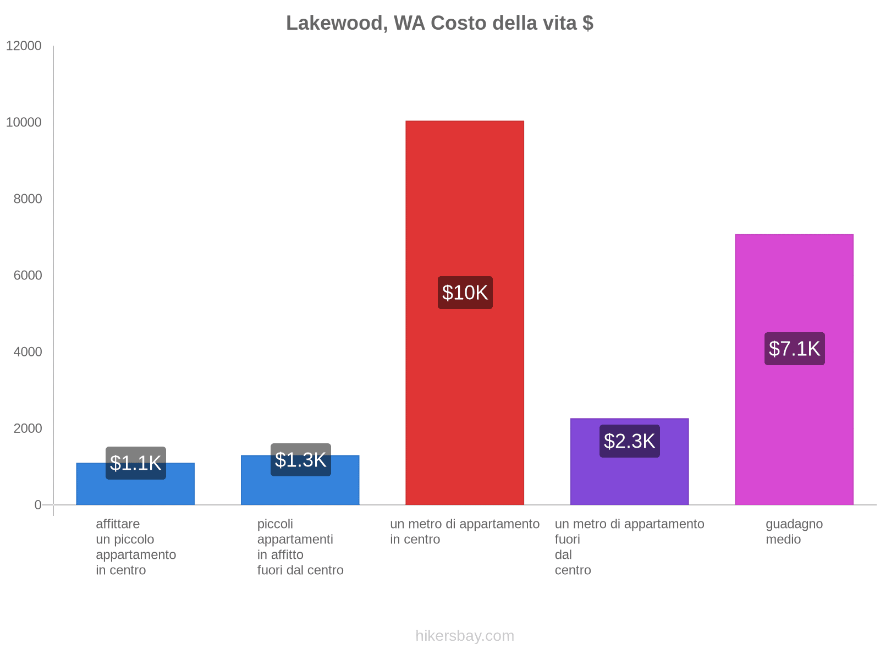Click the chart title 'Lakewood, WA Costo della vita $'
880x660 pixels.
(x=439, y=23)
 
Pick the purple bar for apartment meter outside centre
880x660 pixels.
(x=629, y=479)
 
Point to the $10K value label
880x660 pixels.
(x=465, y=293)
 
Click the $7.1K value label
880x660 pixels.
(x=794, y=349)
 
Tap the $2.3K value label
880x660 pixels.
(x=629, y=441)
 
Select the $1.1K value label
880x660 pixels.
(x=135, y=463)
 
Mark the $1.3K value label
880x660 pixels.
(x=300, y=460)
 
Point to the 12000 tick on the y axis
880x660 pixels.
(x=24, y=46)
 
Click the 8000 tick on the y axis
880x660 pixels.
(x=28, y=199)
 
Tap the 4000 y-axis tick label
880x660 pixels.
(x=28, y=352)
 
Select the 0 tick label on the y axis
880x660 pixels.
(x=38, y=505)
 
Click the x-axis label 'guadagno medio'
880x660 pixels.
(x=794, y=531)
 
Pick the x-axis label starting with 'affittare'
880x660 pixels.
(x=135, y=547)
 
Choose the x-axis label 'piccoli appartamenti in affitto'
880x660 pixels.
(x=300, y=547)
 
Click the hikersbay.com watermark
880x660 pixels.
(x=465, y=636)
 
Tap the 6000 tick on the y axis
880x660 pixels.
(x=28, y=276)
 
